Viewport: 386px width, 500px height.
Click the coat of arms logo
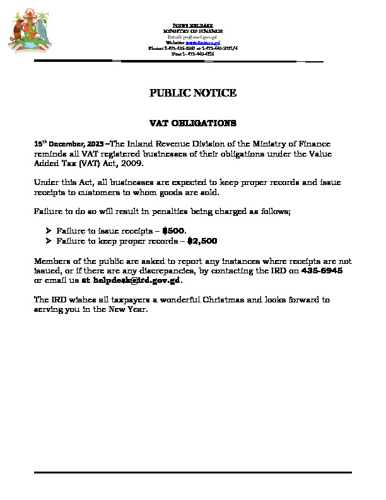coord(29,31)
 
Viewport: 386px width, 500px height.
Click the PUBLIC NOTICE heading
coord(193,93)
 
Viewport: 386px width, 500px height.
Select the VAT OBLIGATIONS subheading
coord(192,122)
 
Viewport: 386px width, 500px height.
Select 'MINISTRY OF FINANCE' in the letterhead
coord(193,30)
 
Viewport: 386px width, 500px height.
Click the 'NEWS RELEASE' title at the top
coord(193,25)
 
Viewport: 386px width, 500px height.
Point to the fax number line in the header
coord(193,53)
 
